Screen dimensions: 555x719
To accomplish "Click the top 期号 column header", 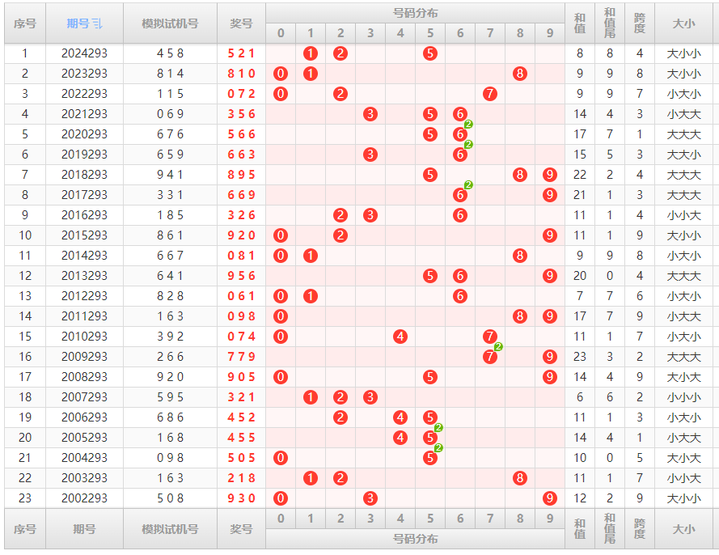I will tap(84, 23).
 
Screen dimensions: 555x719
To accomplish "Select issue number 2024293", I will tap(84, 53).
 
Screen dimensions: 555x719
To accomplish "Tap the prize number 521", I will tap(241, 53).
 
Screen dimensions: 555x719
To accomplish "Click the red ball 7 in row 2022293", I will tap(490, 94).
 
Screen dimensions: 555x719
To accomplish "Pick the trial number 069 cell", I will tap(170, 114).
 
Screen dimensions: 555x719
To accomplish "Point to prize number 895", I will tap(241, 175).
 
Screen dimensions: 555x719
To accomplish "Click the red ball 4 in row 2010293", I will tap(400, 337).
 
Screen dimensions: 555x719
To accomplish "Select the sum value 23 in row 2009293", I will tap(580, 357).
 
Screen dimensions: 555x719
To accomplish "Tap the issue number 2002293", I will tap(84, 498).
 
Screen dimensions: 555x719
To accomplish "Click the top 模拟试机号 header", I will tap(170, 23).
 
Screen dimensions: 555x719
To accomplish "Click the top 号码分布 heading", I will tap(415, 13).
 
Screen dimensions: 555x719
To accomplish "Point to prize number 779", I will tap(241, 357).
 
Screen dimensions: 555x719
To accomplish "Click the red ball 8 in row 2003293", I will tap(520, 478).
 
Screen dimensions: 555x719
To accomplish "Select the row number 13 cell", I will tap(24, 296).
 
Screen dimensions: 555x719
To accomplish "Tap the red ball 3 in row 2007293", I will tap(370, 397).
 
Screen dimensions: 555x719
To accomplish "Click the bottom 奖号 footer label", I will tap(241, 529).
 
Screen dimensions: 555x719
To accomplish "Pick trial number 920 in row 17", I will tap(170, 377).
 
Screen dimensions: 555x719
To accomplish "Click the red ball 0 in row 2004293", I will tap(281, 458).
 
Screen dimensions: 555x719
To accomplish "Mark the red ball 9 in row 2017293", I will tap(550, 195).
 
